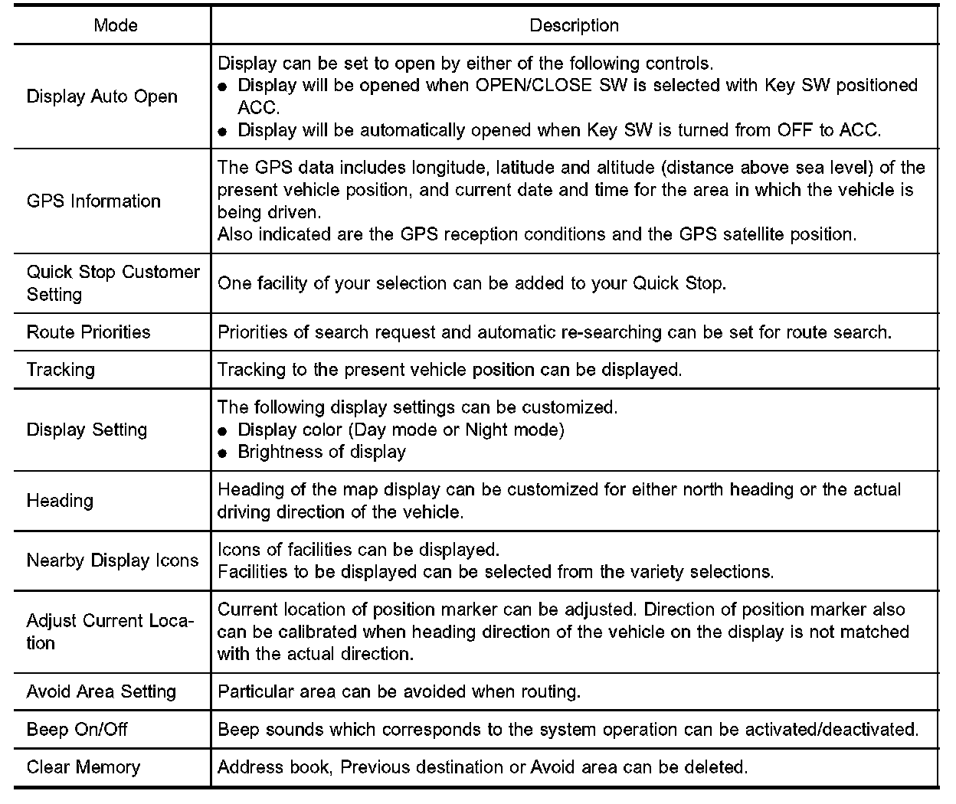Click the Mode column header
point(116,25)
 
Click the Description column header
point(574,25)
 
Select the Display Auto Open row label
point(102,96)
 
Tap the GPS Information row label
point(93,201)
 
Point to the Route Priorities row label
point(88,332)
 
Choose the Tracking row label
point(61,370)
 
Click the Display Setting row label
point(87,430)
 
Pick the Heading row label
point(60,501)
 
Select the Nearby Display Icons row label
point(113,561)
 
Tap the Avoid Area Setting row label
point(101,692)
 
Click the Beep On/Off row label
point(77,730)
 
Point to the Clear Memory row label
point(83,767)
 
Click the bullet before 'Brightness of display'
point(223,453)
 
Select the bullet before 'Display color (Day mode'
point(223,431)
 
